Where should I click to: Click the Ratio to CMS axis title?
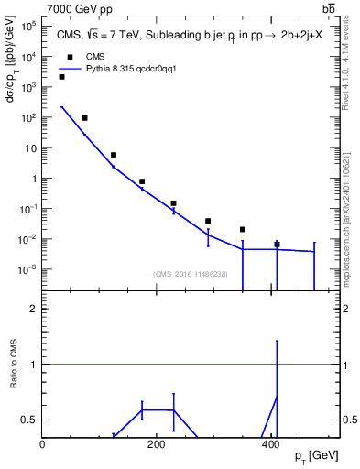pyautogui.click(x=15, y=379)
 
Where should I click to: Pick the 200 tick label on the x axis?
pyautogui.click(x=157, y=445)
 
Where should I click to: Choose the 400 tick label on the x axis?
pyautogui.click(x=270, y=445)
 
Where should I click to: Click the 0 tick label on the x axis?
pyautogui.click(x=43, y=445)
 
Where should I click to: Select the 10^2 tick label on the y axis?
pyautogui.click(x=27, y=118)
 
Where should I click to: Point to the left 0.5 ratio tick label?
pyautogui.click(x=30, y=420)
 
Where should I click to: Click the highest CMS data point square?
pyautogui.click(x=61, y=77)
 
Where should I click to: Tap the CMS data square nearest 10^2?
pyautogui.click(x=84, y=118)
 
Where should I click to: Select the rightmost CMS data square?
pyautogui.click(x=277, y=245)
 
